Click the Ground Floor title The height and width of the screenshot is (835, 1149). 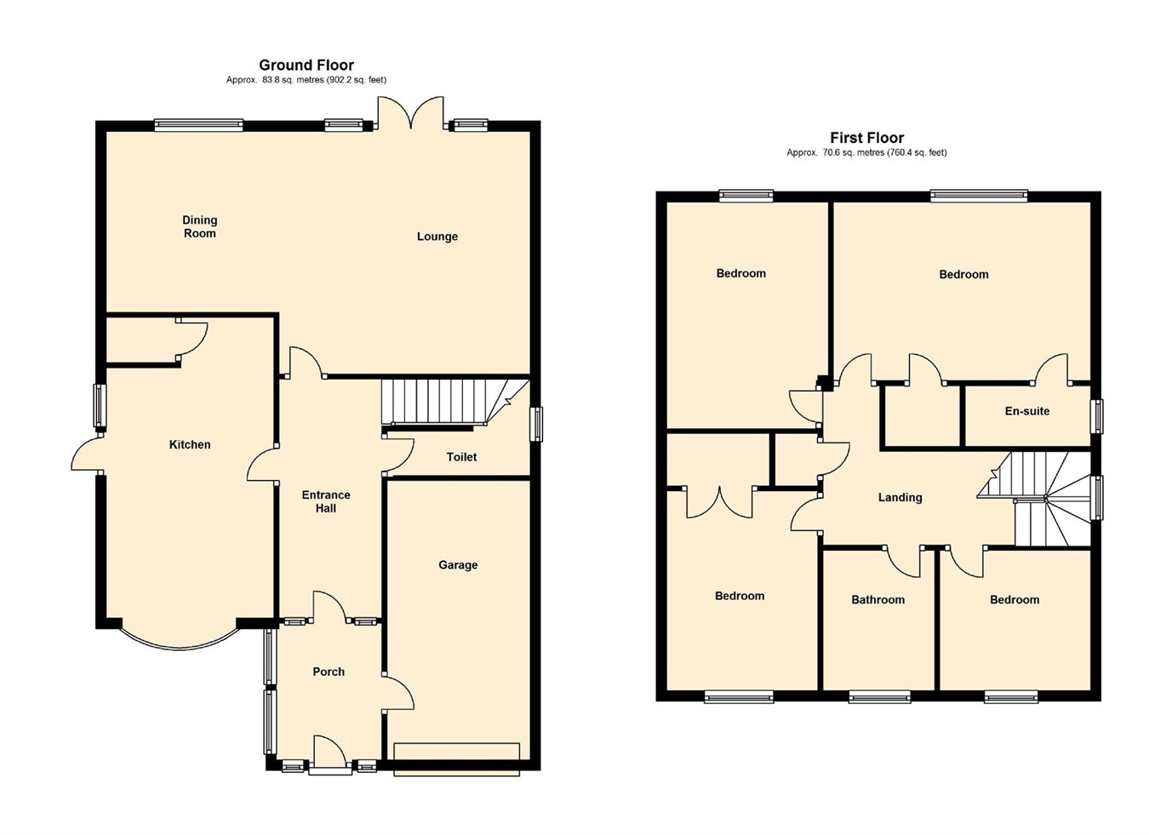click(306, 66)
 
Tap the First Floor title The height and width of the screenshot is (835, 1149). click(867, 137)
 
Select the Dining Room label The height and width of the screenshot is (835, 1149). click(199, 226)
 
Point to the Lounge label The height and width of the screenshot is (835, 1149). click(437, 237)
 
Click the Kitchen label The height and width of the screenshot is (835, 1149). click(190, 444)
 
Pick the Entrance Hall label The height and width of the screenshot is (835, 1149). click(326, 501)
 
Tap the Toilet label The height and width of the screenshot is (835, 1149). click(461, 457)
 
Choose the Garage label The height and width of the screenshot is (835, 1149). click(458, 565)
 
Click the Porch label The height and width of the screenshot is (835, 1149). click(329, 672)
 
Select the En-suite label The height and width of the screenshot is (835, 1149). click(1027, 411)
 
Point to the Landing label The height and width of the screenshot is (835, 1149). click(900, 498)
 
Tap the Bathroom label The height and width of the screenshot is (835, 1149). click(877, 599)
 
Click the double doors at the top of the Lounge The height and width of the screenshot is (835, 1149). click(410, 114)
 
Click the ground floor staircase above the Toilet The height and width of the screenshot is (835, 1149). click(454, 403)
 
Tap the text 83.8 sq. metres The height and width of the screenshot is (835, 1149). click(293, 80)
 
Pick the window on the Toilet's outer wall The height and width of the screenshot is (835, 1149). click(535, 424)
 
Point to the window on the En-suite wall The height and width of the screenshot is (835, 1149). click(1097, 416)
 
